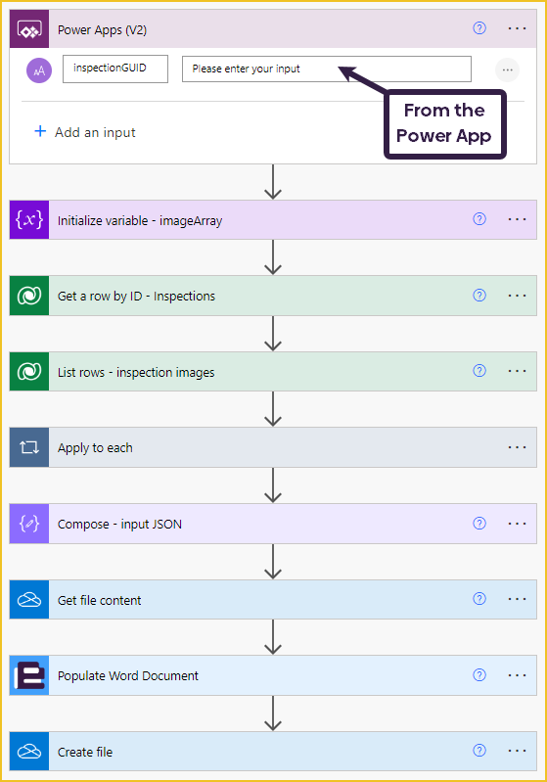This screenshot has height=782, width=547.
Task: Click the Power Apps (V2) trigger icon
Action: click(29, 29)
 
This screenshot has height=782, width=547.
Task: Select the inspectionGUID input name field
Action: click(115, 69)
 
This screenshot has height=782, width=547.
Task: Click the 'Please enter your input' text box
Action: click(327, 69)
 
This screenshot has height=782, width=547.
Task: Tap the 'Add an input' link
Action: click(85, 132)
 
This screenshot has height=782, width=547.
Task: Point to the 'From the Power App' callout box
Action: click(445, 123)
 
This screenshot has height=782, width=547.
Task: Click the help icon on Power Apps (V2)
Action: click(479, 28)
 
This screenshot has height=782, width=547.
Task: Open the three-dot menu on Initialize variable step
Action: click(517, 219)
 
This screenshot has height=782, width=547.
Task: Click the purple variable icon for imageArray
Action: click(29, 220)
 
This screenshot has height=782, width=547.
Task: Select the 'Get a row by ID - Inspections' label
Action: click(137, 297)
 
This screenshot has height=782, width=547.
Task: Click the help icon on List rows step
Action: click(479, 371)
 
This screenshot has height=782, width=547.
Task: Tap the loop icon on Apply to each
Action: click(29, 447)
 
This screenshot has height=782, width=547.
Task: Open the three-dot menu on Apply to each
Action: click(517, 447)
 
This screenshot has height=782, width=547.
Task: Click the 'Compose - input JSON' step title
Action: click(119, 525)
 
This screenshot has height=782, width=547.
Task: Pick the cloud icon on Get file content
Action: click(29, 599)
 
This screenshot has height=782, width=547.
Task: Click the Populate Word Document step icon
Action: click(29, 675)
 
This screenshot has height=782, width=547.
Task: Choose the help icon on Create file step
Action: click(479, 751)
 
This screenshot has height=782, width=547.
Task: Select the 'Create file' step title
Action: click(85, 752)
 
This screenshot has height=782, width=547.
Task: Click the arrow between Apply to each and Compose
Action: click(273, 485)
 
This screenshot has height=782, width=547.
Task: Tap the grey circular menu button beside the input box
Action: click(508, 69)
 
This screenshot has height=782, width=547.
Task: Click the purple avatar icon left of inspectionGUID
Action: click(39, 70)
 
